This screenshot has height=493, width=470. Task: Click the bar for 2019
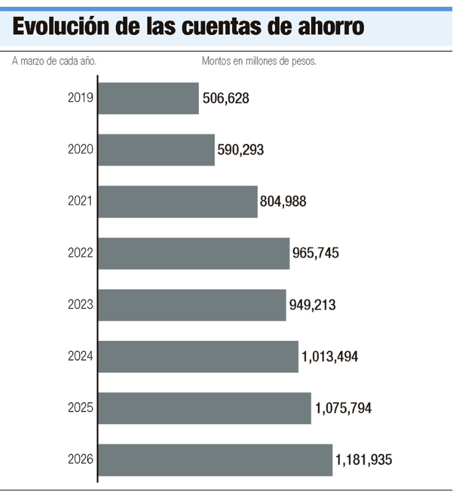tap(148, 98)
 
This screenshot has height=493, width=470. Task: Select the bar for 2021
tap(178, 201)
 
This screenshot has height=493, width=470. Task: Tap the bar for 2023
tap(192, 305)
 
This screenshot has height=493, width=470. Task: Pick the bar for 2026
tap(215, 460)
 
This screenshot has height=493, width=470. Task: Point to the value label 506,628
tap(226, 98)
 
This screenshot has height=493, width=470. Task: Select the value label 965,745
tap(316, 253)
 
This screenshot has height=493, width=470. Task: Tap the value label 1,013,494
tap(330, 357)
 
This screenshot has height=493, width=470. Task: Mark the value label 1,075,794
tap(344, 408)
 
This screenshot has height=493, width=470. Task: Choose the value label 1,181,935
tap(364, 460)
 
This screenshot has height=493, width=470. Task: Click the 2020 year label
tap(80, 150)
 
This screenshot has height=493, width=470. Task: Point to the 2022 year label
tap(80, 253)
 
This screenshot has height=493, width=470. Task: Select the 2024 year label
tap(80, 357)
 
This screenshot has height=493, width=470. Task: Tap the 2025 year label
tap(80, 408)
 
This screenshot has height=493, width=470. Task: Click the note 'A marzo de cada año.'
tap(55, 61)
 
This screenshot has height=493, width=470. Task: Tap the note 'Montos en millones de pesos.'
tap(259, 61)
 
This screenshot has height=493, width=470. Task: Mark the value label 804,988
tap(283, 201)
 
